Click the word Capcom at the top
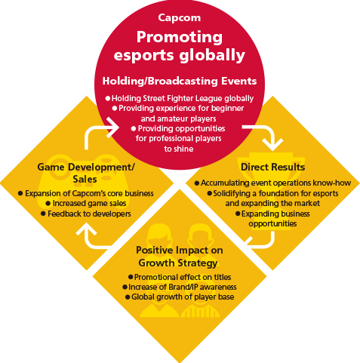180,18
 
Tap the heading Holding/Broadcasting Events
180,81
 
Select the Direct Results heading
272,167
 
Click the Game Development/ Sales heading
86,173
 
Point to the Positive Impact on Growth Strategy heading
179,257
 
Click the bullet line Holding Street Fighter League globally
180,98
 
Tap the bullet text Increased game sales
86,203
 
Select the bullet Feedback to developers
86,214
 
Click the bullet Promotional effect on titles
180,277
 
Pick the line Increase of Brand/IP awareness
180,287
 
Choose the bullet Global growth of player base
180,297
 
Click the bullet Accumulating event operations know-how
272,183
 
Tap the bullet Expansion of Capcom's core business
86,193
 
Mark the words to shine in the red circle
179,149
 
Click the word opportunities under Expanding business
272,223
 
